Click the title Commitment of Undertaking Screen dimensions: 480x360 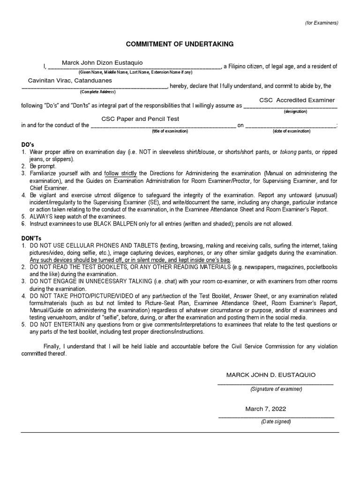pos(180,44)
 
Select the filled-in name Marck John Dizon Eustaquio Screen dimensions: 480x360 pos(102,63)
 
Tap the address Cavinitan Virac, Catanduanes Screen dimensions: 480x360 pos(70,81)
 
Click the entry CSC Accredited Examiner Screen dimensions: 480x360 pos(297,100)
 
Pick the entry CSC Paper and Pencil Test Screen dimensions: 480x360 pos(141,119)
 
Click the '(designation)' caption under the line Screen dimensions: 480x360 pos(295,112)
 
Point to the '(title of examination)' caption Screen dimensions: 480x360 pos(170,131)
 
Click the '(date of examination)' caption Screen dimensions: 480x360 pos(292,131)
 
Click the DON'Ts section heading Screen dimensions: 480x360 pos(31,239)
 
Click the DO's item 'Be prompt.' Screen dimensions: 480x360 pos(43,166)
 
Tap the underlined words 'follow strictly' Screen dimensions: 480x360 pos(120,173)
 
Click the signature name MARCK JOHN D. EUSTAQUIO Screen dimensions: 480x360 pos(271,375)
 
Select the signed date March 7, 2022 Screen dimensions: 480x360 pos(266,409)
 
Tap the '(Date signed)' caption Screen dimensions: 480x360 pos(276,421)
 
